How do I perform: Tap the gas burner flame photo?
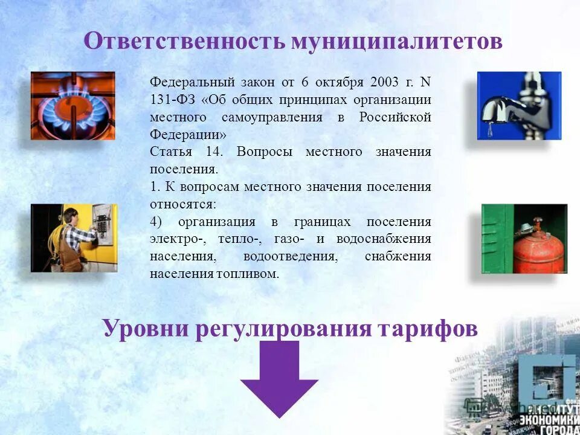pos(73,105)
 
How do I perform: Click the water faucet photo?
pos(519,106)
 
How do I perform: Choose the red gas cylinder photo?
pos(524,239)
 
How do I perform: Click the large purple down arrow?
pos(279,378)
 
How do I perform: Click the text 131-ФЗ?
pos(172,100)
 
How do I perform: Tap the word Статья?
pos(171,152)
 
